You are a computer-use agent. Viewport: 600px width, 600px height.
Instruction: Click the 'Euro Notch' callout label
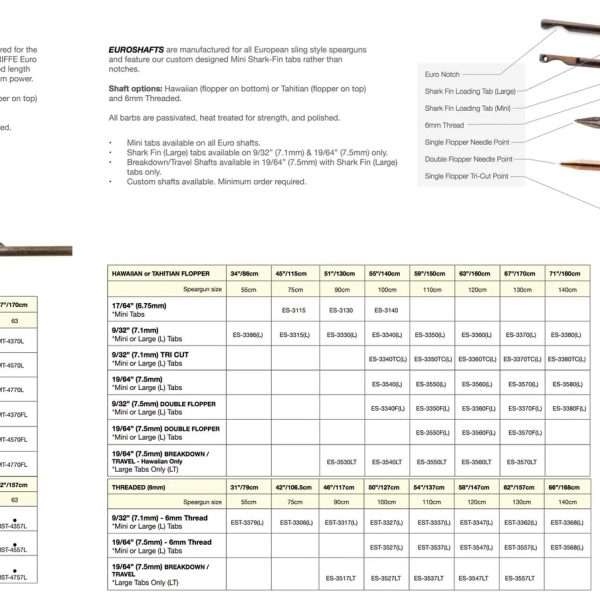tap(442, 73)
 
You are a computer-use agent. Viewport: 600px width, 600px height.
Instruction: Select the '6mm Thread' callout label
tap(444, 124)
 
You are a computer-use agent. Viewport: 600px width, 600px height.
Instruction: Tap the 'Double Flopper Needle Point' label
tap(468, 158)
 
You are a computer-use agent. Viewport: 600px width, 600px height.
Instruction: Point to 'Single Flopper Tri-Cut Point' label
tap(466, 176)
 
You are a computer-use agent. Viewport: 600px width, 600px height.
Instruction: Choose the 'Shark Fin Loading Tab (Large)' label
tap(470, 90)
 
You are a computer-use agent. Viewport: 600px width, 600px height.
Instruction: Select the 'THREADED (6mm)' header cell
tap(141, 486)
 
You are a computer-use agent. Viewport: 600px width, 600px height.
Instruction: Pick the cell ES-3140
tap(385, 311)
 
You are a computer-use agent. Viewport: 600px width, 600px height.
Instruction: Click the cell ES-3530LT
tap(340, 462)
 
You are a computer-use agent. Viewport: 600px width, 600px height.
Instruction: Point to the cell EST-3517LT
tap(340, 577)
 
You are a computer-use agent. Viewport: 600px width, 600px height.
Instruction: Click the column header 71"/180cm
tap(563, 272)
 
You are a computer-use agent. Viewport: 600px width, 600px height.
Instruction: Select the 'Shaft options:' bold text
tap(134, 87)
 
